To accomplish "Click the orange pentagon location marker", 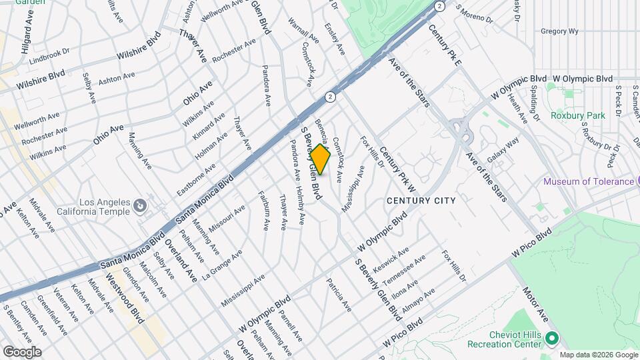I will [x=320, y=160].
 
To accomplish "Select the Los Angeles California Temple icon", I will [x=140, y=207].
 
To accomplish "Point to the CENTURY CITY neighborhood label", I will [x=421, y=200].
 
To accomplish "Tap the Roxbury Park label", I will [x=577, y=115].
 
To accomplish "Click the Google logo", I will [x=21, y=351].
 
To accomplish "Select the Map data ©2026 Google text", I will [x=598, y=355].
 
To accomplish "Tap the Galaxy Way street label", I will [x=503, y=151].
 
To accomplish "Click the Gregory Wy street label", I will [x=559, y=31].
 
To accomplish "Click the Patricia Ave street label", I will [x=339, y=295].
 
